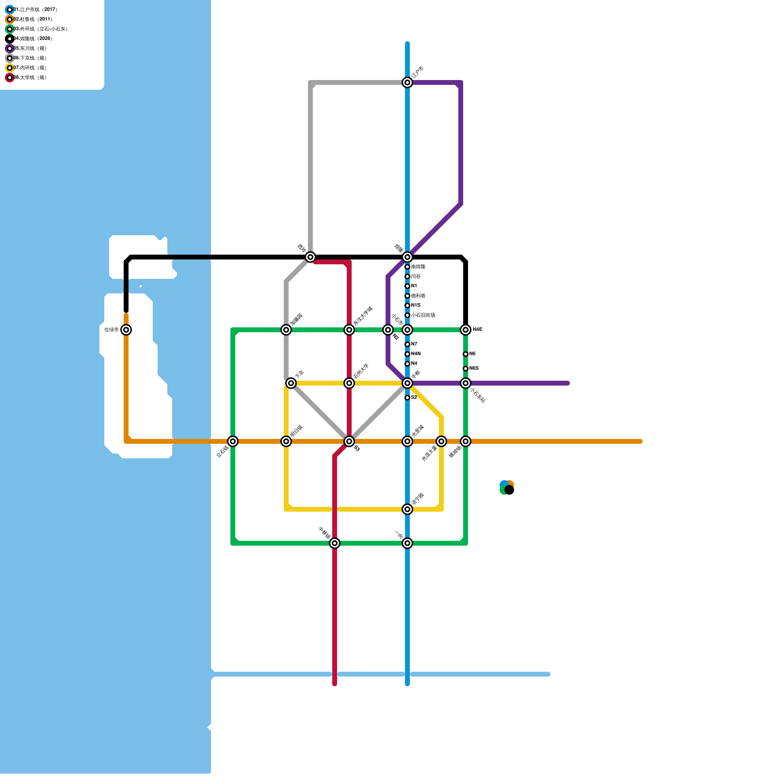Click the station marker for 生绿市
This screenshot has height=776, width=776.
126,330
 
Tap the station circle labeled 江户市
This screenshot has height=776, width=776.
407,82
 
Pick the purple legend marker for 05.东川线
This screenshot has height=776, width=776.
10,48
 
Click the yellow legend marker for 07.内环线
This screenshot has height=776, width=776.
10,68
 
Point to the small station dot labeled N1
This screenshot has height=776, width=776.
407,286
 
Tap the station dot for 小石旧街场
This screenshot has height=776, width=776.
407,315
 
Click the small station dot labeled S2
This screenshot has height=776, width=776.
407,398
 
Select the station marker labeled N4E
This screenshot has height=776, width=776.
466,330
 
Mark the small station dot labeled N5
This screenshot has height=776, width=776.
466,354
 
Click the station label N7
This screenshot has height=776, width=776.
414,344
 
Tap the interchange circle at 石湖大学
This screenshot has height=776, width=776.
349,383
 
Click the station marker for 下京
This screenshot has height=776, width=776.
291,383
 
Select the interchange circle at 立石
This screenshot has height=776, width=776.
233,441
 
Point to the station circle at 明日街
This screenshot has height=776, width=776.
286,441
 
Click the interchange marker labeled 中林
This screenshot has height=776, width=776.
335,543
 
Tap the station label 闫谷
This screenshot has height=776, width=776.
416,276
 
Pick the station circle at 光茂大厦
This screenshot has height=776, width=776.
441,441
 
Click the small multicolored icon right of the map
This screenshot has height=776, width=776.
507,487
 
